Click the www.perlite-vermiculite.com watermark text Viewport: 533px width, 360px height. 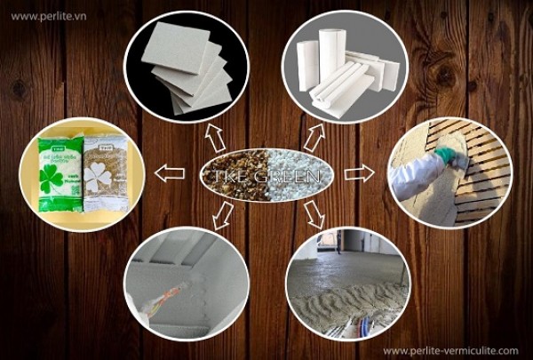(x=450, y=350)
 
